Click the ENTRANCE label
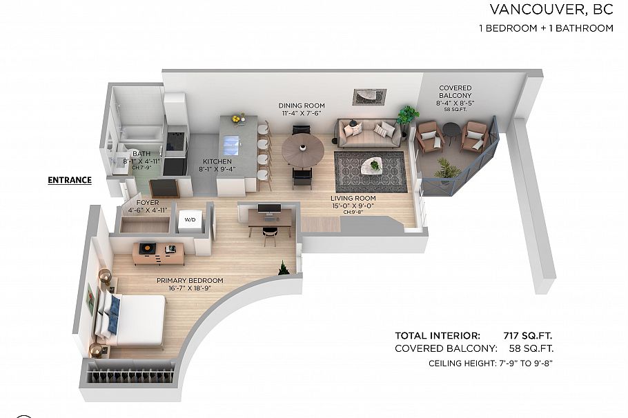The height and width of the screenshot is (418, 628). point(69,180)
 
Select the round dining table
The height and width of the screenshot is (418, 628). point(302,148)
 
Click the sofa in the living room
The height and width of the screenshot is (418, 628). point(369,132)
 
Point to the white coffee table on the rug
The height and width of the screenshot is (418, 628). point(374,164)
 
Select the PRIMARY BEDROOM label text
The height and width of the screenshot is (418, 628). point(190,281)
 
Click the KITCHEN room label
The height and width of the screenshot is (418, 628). point(217,161)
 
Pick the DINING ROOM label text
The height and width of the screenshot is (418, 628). point(302,106)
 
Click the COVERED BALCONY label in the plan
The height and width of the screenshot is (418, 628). point(455,92)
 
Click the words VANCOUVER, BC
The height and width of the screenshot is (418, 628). point(551,10)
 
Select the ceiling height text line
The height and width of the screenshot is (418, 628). point(491,363)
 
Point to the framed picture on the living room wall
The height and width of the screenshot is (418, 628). point(369,97)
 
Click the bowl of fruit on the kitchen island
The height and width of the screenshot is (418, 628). point(238,119)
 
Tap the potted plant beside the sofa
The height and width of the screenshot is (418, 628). point(407,116)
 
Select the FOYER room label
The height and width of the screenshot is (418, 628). point(147,203)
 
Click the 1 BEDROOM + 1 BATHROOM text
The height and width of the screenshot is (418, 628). point(546,28)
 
